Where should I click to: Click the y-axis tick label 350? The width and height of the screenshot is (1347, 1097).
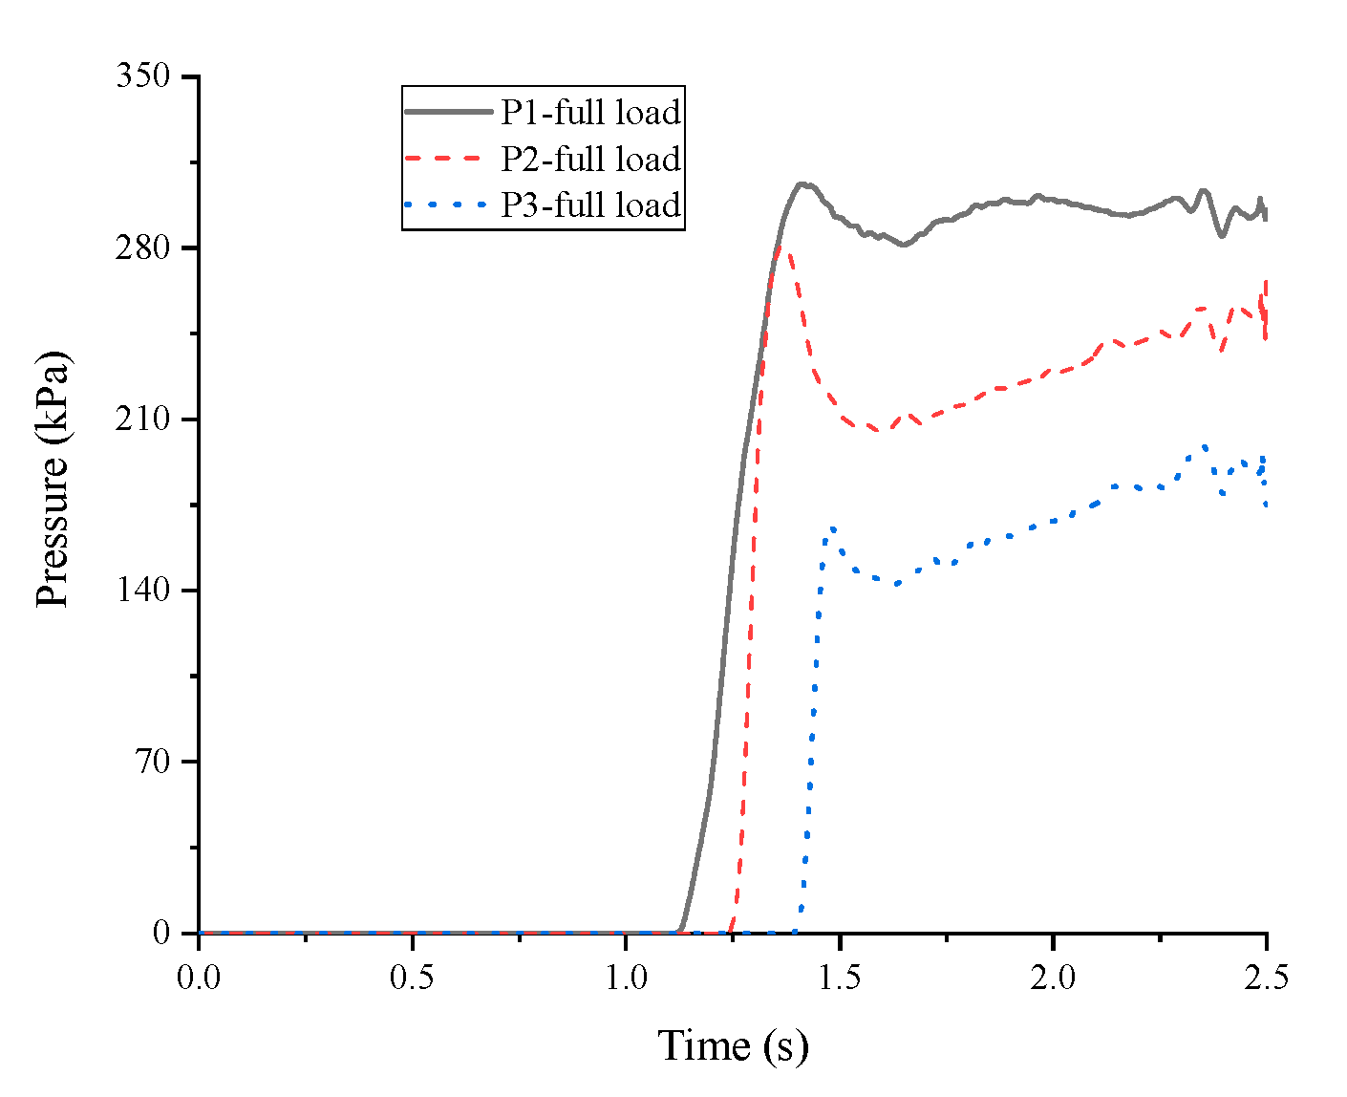point(143,76)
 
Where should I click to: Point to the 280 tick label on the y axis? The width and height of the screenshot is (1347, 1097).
point(143,247)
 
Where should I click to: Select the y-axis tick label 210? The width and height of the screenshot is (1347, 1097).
point(143,419)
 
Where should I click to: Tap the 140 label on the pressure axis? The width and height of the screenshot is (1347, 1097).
point(143,591)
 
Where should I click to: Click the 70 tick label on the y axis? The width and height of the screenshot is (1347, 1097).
point(153,762)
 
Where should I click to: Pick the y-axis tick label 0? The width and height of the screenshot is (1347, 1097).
point(161,933)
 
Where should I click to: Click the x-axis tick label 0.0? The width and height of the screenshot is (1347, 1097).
point(198,978)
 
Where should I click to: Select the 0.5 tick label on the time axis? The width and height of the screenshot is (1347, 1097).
point(412,978)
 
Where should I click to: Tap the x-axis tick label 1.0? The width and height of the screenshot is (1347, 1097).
point(626,978)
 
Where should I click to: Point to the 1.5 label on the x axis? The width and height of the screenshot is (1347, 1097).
point(839,978)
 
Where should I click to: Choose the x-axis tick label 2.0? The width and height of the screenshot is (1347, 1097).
point(1053,978)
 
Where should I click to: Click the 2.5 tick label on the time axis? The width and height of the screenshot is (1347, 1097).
point(1266,978)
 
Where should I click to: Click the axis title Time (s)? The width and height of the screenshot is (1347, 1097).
point(733,1045)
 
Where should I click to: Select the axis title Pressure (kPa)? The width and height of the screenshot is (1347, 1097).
point(53,480)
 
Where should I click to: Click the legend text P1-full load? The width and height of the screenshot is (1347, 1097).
point(590,113)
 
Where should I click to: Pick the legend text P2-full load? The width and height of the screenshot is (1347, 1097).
point(590,159)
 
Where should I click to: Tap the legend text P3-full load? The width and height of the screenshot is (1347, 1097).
point(590,204)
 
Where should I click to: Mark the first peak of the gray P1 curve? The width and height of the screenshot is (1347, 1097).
point(802,183)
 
